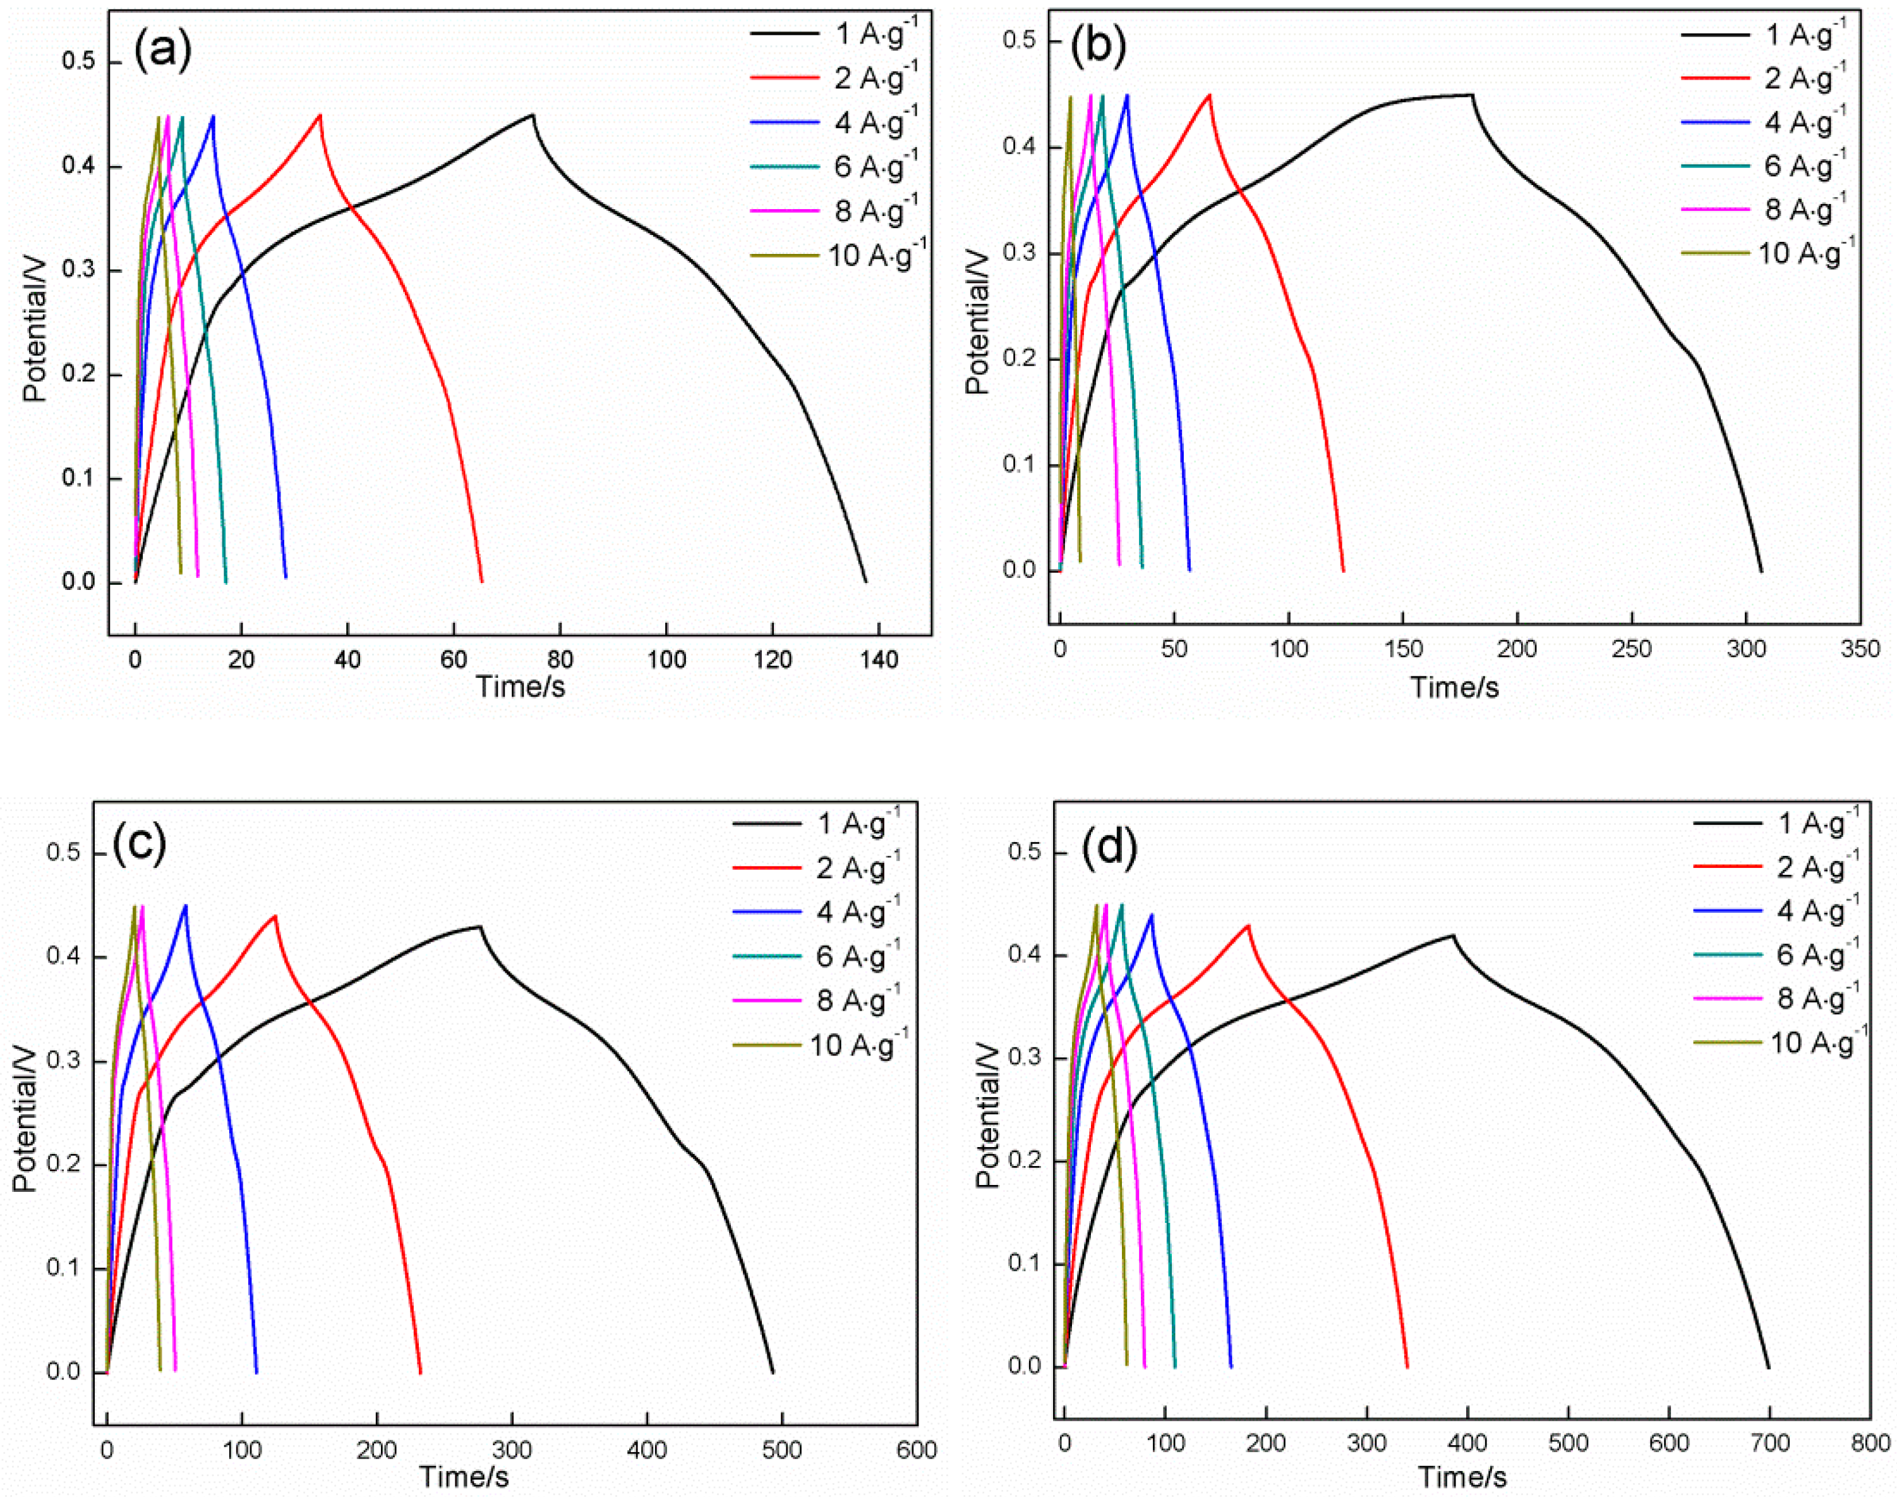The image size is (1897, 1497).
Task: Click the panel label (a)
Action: (x=162, y=51)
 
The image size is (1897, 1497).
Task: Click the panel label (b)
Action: (x=1097, y=47)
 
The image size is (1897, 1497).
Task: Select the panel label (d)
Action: (x=1109, y=846)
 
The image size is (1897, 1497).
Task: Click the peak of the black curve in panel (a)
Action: (x=532, y=115)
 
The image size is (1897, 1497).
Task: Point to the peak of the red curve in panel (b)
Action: (x=1210, y=95)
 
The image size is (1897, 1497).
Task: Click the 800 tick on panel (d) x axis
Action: (x=1870, y=1443)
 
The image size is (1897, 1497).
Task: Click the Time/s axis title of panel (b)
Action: (x=1454, y=687)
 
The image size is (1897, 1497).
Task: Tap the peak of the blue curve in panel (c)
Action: (x=185, y=905)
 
